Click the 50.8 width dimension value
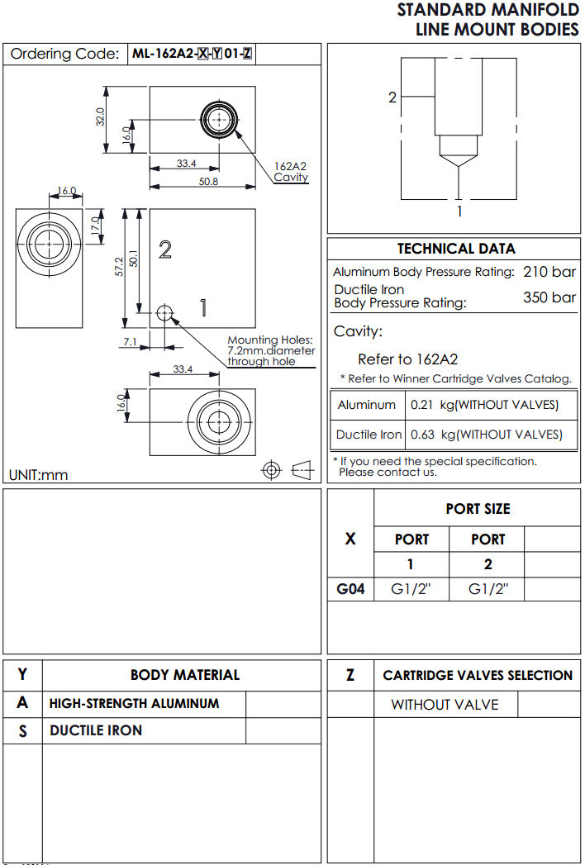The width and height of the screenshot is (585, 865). pos(208,182)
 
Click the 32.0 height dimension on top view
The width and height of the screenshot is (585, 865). pos(101,116)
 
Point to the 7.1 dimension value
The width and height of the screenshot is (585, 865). pos(130,340)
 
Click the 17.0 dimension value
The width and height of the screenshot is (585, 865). pos(96,225)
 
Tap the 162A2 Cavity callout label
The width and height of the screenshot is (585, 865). pos(291,172)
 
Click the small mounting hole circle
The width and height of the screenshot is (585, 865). pos(164,312)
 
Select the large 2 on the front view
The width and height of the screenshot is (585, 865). pos(164,250)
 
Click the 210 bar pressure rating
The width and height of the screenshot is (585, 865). pos(549,272)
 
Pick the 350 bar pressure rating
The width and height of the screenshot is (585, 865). pos(549,297)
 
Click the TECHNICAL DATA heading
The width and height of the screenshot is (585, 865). pos(456,249)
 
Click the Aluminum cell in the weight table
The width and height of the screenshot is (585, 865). pos(367,405)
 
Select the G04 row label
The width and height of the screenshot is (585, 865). pos(350,589)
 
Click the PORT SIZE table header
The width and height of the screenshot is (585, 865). pos(478,509)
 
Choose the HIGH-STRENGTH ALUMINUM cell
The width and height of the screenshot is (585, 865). pos(134,704)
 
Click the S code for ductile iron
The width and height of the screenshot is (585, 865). pos(22,731)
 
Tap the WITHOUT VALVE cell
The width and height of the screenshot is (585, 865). pos(445,705)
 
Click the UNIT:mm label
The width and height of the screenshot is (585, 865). pos(39,475)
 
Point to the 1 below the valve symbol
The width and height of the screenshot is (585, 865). pos(459,211)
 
